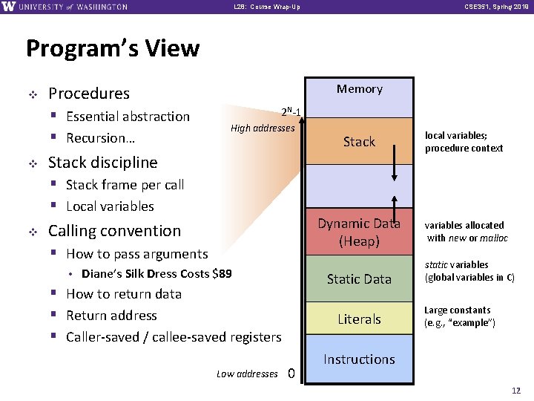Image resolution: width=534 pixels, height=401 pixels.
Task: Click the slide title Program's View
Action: click(113, 49)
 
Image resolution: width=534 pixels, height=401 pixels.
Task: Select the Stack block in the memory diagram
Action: click(359, 142)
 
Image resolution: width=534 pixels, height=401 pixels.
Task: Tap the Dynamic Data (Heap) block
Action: click(359, 232)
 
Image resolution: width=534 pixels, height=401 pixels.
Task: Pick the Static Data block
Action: click(359, 279)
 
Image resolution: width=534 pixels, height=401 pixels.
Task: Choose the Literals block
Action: click(359, 319)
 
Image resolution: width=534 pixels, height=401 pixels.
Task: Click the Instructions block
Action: click(359, 359)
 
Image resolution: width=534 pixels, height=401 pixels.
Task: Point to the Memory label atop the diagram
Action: click(359, 89)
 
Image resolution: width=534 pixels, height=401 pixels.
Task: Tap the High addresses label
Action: click(263, 128)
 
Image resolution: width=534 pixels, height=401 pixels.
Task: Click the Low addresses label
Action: click(247, 374)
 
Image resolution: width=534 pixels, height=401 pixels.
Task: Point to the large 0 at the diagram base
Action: click(291, 374)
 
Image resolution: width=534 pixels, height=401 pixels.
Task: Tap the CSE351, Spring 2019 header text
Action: click(495, 7)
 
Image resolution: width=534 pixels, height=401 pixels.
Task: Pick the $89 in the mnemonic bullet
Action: click(222, 273)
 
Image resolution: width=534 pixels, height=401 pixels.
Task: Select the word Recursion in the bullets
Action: click(94, 138)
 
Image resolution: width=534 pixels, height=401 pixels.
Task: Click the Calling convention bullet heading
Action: click(114, 231)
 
